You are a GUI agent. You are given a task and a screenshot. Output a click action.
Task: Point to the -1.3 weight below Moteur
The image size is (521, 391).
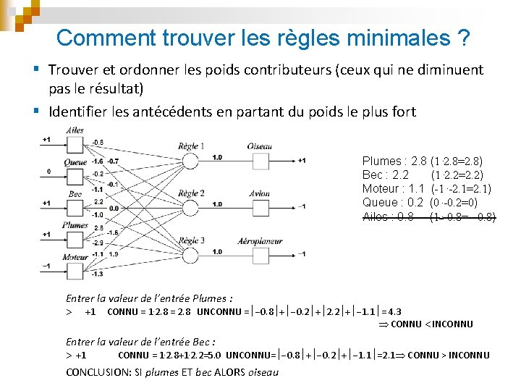[x=98, y=274]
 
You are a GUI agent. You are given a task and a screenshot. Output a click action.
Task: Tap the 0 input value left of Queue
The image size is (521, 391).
[x=48, y=172]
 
